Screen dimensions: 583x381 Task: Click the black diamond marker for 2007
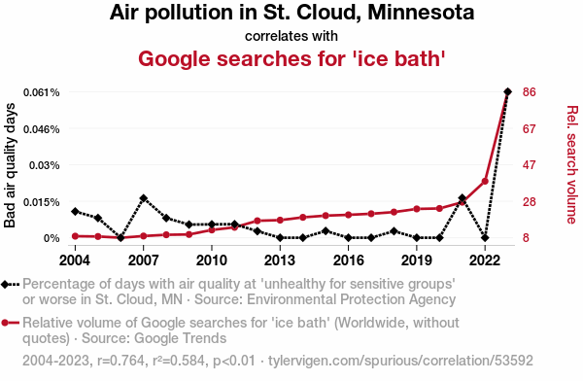[144, 198]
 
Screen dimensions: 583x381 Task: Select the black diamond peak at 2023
[507, 91]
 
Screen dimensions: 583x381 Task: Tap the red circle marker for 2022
[485, 181]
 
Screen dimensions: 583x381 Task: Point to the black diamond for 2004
[75, 211]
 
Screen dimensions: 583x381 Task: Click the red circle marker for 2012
[257, 221]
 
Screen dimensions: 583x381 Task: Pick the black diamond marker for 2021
[463, 198]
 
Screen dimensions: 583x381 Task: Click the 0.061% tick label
[41, 92]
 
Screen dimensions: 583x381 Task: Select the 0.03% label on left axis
[45, 165]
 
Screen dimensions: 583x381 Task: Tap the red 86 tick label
[530, 92]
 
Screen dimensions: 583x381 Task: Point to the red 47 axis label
[530, 165]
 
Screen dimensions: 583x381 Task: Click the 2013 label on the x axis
[280, 260]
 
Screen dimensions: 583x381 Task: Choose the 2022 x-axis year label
[485, 260]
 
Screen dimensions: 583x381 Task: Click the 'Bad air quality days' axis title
[10, 165]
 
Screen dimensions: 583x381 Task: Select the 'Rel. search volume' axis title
[572, 165]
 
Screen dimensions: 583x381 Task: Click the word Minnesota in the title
[421, 13]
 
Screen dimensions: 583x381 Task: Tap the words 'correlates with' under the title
[291, 36]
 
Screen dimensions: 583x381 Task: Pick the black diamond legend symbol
[5, 284]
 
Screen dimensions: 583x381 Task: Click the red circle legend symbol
[5, 323]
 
